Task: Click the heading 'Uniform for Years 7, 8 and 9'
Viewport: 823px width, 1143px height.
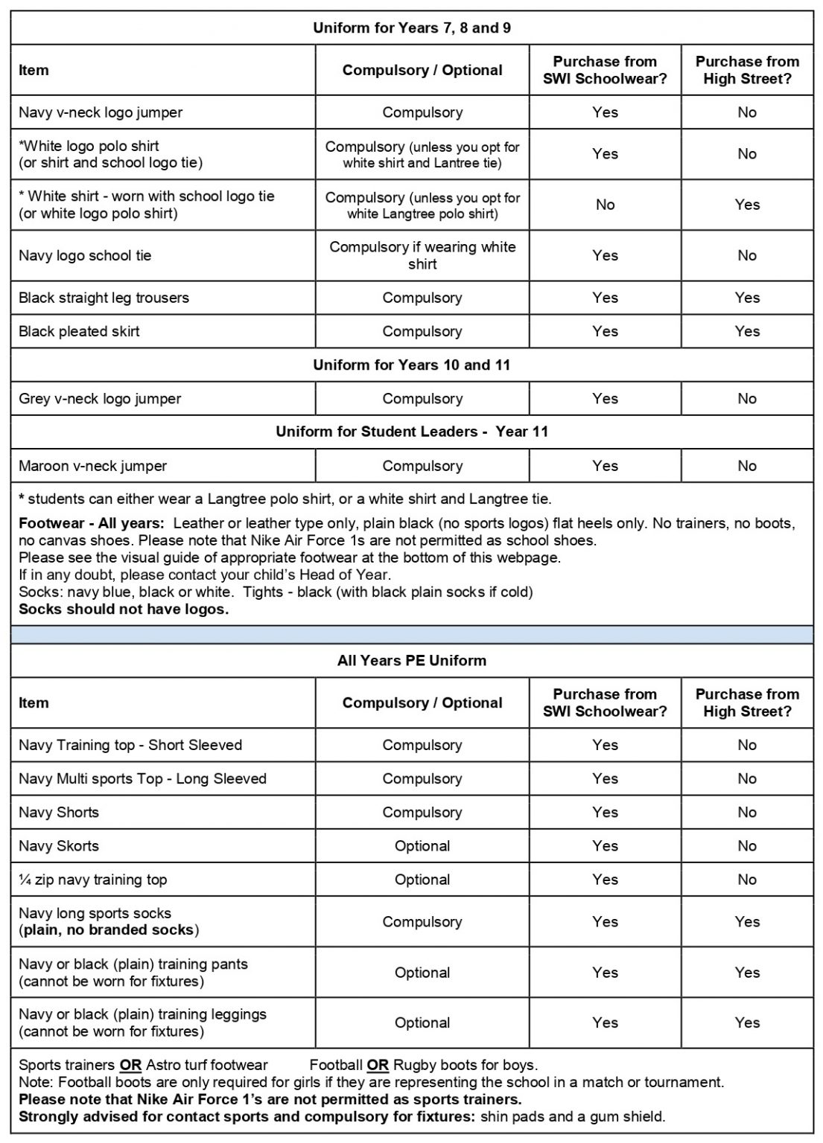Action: tap(411, 28)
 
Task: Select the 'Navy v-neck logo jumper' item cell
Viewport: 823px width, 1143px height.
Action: tap(101, 112)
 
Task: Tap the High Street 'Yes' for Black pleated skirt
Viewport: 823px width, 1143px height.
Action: tap(746, 331)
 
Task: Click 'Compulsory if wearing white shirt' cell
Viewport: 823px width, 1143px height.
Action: tap(422, 255)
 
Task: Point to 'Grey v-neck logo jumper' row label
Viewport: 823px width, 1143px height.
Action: tap(100, 399)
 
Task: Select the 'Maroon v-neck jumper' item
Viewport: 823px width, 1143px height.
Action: tap(92, 466)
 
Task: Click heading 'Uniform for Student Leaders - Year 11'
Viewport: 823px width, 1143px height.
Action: tap(411, 432)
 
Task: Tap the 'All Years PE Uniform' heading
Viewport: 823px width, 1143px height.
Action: tap(411, 660)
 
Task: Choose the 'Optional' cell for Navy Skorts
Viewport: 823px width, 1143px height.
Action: tap(422, 845)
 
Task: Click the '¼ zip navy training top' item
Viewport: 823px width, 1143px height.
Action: tap(92, 880)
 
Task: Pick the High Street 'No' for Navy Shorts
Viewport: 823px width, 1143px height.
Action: tap(746, 812)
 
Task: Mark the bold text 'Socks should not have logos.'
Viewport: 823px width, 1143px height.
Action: tap(124, 609)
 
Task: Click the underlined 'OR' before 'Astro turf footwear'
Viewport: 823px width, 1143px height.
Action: tap(130, 1065)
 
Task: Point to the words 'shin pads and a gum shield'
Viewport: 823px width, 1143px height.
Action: tap(572, 1116)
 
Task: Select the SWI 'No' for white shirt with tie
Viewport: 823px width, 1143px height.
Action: tap(605, 205)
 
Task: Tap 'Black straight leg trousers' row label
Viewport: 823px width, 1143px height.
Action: tap(104, 298)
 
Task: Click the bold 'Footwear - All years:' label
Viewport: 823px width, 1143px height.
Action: tap(91, 523)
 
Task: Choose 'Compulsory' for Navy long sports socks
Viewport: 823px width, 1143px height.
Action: tap(422, 921)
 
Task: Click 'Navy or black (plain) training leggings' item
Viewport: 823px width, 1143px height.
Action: tap(142, 1014)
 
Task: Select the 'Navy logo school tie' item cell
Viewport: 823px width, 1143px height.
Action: tap(85, 255)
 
